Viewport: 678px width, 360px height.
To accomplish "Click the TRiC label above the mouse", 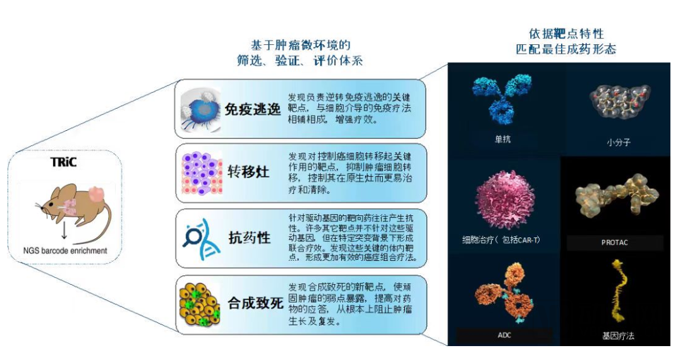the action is click(63, 162).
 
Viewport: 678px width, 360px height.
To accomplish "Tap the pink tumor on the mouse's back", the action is click(97, 193).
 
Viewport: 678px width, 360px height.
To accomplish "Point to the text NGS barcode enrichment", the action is click(65, 251).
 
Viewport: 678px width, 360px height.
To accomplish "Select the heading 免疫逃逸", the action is click(253, 109).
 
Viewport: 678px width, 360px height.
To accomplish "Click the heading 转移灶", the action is click(248, 172).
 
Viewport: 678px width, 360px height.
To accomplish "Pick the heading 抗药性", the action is click(250, 237).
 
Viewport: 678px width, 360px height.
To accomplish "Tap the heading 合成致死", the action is click(255, 303).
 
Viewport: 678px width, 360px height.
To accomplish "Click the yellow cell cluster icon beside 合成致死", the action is click(200, 304).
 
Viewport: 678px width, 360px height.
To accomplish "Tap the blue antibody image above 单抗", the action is click(502, 99).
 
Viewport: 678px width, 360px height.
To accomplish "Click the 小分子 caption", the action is click(619, 142).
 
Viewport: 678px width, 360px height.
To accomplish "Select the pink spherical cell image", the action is click(505, 200).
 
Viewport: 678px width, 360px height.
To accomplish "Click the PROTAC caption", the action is click(614, 243).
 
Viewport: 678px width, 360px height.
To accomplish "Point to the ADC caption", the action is click(504, 335).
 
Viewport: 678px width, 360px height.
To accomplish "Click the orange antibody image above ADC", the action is click(505, 293).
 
